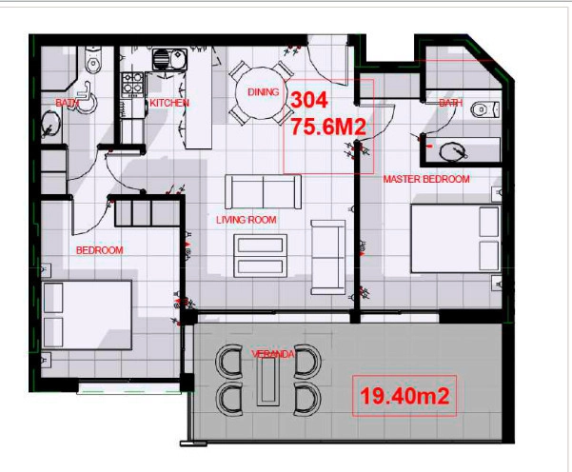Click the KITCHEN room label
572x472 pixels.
tap(168, 103)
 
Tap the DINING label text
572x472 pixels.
tap(263, 92)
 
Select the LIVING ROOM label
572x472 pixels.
tap(246, 220)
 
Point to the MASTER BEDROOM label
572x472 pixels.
tap(426, 179)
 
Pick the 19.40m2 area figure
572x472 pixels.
tap(401, 393)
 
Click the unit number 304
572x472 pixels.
tap(308, 99)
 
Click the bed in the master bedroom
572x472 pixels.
tap(456, 238)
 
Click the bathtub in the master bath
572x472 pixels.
tap(463, 149)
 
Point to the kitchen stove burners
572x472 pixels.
tap(130, 84)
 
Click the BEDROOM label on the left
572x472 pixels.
tap(100, 250)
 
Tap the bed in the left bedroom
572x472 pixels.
tap(89, 313)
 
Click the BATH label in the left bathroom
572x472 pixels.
tap(67, 103)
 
